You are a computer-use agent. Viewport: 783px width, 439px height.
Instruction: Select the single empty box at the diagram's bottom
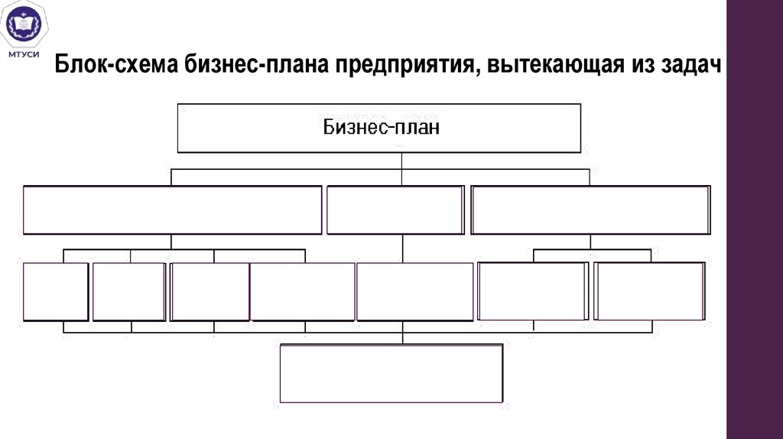391,372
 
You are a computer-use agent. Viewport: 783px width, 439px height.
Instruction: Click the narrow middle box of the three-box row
395,210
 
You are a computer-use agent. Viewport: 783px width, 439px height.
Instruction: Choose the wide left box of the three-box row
172,210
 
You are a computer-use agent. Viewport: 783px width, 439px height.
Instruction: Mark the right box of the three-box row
590,210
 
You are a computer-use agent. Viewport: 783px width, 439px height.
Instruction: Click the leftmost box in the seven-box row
56,291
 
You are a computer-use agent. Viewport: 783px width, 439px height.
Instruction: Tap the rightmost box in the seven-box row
650,291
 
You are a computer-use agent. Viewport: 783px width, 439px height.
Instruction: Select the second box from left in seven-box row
129,291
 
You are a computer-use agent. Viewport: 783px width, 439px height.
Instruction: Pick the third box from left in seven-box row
210,291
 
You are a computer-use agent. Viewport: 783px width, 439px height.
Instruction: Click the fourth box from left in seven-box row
303,291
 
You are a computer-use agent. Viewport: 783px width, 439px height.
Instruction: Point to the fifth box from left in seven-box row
415,291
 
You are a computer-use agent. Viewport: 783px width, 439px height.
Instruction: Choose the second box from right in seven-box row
533,291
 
